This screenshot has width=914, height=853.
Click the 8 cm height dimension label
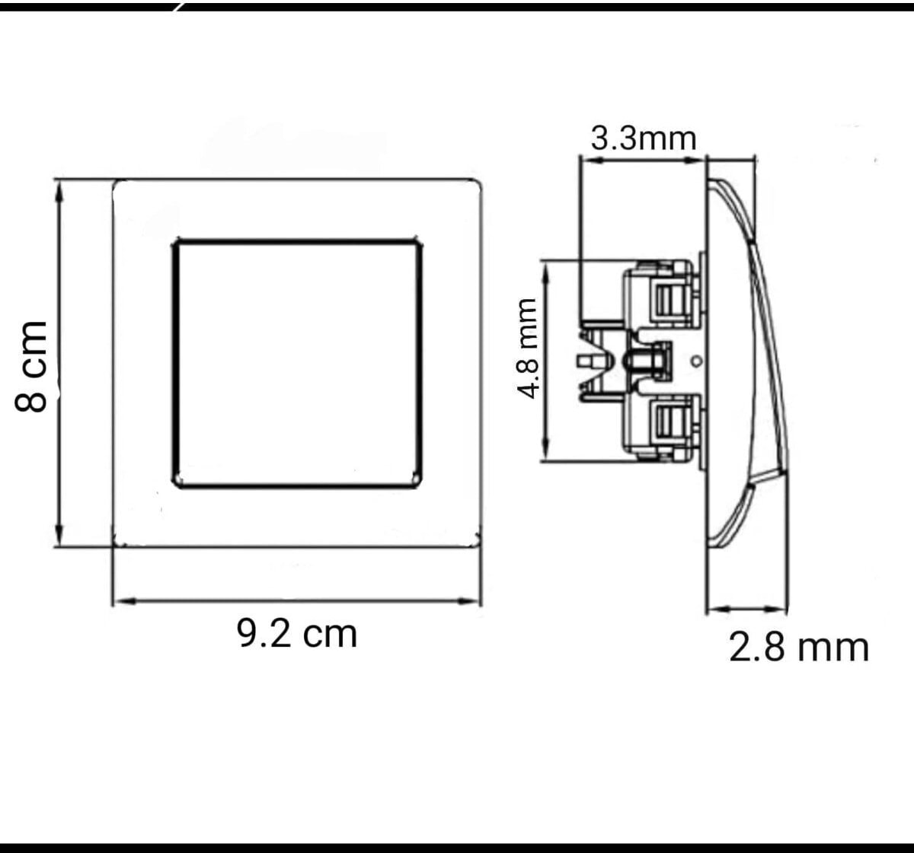coord(31,367)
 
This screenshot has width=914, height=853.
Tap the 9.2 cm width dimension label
coord(297,634)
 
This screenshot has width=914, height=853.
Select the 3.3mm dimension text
coord(644,138)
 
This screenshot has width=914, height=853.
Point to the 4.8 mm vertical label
coord(527,348)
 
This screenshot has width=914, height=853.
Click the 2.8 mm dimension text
coord(799,648)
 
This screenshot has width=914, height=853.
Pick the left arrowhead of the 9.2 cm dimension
coord(125,601)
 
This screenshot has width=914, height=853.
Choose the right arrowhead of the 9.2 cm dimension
coord(468,601)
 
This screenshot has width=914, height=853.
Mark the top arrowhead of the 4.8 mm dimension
coord(546,274)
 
